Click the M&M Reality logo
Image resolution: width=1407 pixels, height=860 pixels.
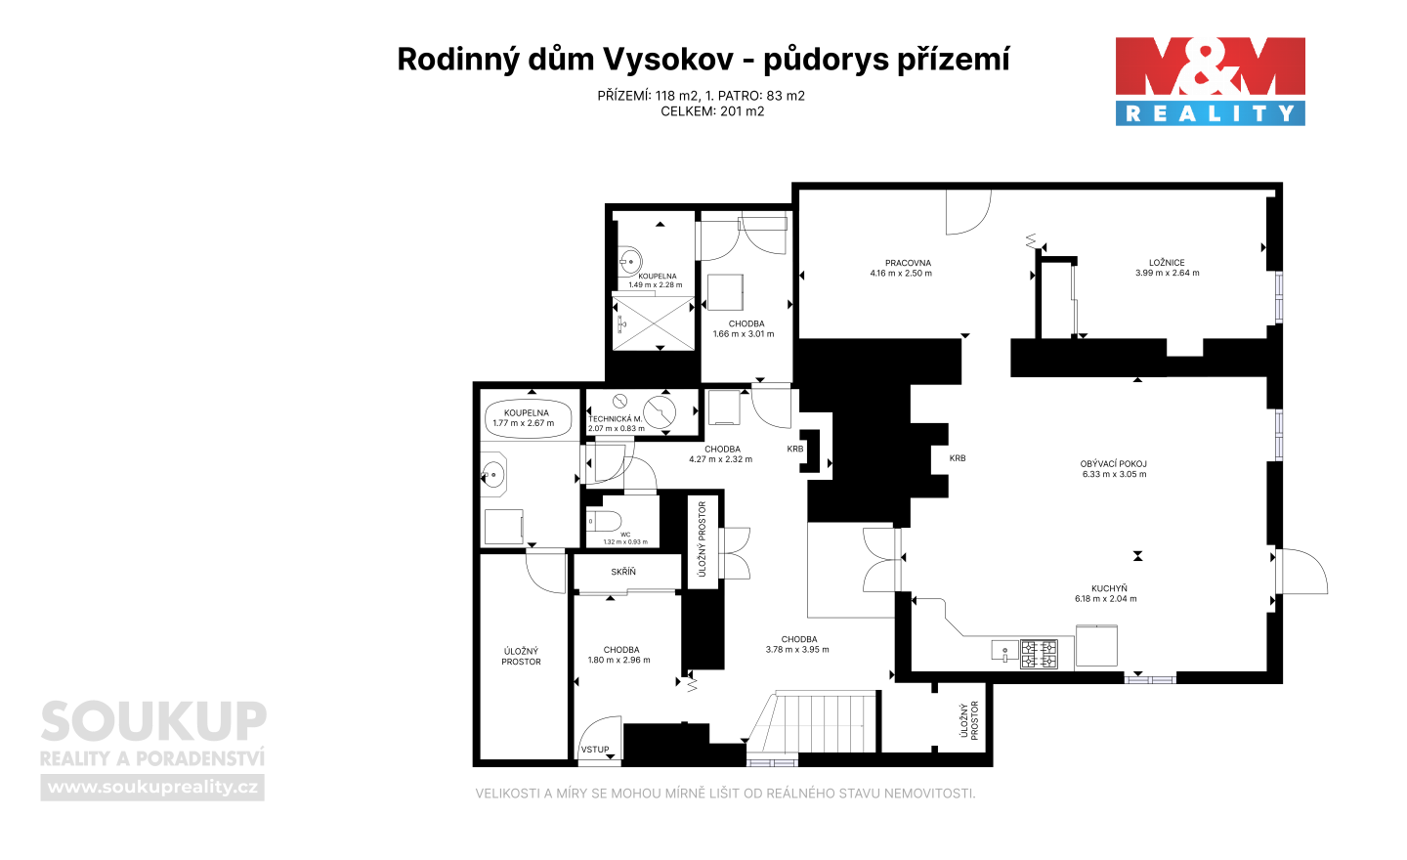1210,82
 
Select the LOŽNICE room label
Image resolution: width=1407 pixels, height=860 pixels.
1167,263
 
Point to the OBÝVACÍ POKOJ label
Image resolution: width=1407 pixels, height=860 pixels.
1113,464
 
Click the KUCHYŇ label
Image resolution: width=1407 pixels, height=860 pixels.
1109,588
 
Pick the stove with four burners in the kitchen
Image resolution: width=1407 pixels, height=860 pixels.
1039,654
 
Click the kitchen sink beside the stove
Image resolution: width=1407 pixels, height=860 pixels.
1005,651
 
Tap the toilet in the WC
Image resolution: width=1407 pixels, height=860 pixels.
604,521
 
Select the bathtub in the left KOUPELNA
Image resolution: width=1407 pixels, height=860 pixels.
529,418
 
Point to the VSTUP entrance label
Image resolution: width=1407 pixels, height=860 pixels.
595,750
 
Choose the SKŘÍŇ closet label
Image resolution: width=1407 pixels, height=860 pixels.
623,572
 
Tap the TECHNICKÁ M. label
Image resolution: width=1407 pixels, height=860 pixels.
615,419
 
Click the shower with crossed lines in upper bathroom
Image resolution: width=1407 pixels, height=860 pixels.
654,322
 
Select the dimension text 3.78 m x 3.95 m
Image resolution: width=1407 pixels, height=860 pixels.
797,650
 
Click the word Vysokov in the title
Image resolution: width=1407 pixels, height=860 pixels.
668,59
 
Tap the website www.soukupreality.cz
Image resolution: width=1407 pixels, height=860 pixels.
152,787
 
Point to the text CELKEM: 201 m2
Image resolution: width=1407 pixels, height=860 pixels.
712,111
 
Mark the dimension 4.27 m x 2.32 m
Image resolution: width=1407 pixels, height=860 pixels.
720,459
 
